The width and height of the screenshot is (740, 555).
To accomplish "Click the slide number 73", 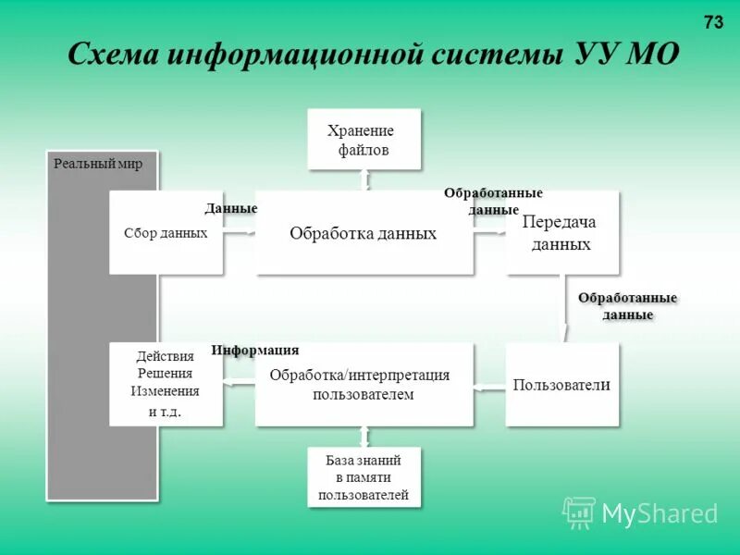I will [713, 23].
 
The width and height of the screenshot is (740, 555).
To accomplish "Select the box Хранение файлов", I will [364, 139].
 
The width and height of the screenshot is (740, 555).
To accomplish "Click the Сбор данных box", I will [166, 233].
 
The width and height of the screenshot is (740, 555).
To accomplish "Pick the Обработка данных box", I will [364, 233].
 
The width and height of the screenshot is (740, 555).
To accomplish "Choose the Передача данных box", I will [561, 233].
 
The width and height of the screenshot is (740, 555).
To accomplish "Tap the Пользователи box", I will [561, 385].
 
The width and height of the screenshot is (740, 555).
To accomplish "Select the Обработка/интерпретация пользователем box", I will [364, 385].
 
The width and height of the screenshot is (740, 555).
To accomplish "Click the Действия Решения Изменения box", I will [166, 385].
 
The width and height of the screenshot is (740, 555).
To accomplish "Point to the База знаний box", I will [364, 477].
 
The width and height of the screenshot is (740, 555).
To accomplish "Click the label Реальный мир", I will [98, 164].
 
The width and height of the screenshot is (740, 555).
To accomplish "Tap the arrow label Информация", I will [255, 351].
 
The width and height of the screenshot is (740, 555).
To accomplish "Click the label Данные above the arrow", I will [231, 209].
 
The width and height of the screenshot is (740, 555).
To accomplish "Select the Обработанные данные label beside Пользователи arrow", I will [628, 306].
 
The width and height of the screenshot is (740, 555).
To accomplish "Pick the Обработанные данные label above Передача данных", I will [493, 201].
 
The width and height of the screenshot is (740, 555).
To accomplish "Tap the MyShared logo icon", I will [579, 512].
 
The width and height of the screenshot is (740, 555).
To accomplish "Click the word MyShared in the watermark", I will [660, 513].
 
